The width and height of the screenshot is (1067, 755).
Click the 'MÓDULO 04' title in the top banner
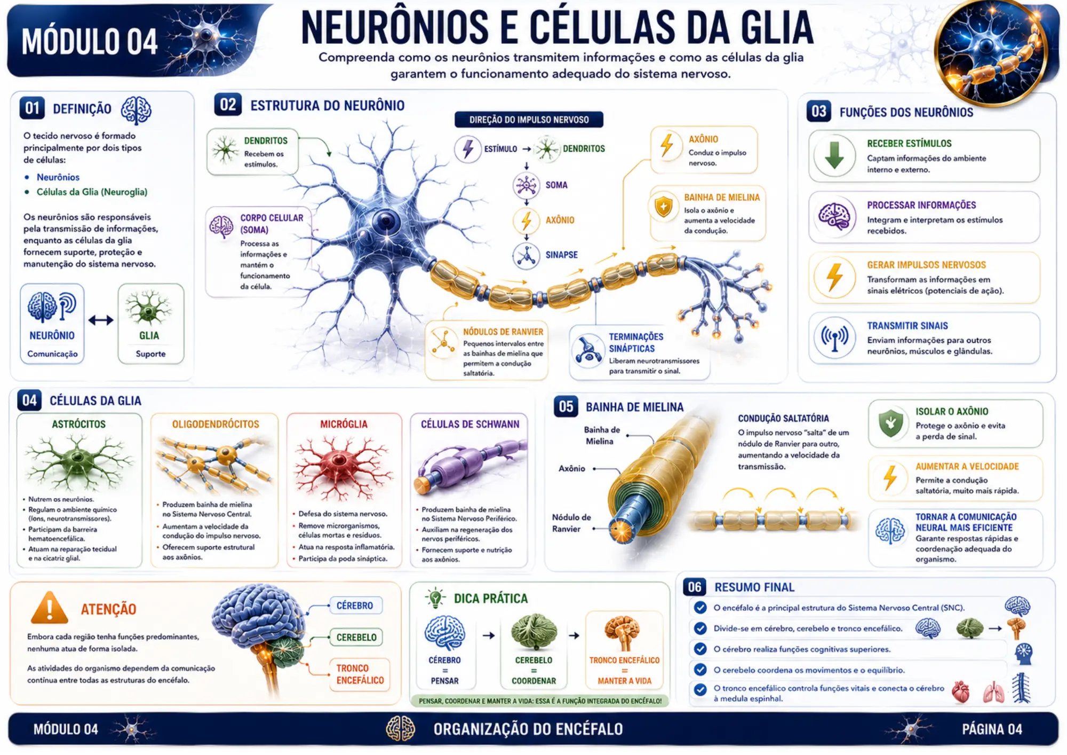click(x=90, y=42)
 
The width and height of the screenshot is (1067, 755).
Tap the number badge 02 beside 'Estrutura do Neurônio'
click(x=228, y=105)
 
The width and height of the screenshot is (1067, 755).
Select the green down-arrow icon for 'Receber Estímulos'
click(x=834, y=155)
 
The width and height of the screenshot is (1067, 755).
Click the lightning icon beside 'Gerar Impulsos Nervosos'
click(x=834, y=278)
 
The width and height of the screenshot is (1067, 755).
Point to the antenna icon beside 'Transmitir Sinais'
click(x=834, y=338)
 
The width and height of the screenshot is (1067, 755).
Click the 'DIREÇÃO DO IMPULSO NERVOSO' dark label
click(x=529, y=120)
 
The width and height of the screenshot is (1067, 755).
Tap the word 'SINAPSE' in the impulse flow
click(x=561, y=255)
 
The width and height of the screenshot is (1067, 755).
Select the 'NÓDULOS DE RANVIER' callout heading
click(x=503, y=332)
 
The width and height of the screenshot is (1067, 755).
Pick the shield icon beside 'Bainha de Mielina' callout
click(x=664, y=207)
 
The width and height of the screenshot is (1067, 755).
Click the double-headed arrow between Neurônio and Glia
click(x=101, y=320)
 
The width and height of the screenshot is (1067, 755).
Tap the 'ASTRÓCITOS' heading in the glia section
click(x=78, y=424)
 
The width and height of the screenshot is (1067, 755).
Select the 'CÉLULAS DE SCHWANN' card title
click(x=470, y=424)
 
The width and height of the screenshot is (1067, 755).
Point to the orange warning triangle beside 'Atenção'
click(x=49, y=608)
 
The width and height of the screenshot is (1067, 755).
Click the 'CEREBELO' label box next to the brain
click(x=356, y=638)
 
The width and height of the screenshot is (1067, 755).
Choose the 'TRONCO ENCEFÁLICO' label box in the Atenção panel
click(x=360, y=674)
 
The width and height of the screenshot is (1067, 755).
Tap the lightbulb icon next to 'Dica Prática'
click(x=435, y=598)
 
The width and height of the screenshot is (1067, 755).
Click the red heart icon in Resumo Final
click(x=960, y=692)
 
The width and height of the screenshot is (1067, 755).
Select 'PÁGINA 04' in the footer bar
click(x=992, y=729)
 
